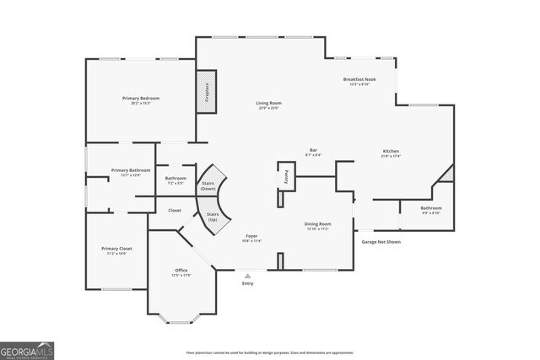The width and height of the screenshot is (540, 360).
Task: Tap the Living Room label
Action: (267, 105)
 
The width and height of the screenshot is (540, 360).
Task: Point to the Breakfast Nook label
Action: (359, 81)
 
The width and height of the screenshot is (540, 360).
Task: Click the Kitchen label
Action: (390, 153)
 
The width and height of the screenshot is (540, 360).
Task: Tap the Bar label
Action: (313, 153)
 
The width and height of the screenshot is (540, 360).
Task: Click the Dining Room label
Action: (317, 226)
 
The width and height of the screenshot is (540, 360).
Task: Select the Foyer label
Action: (251, 238)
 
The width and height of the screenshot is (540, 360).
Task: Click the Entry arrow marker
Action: (247, 275)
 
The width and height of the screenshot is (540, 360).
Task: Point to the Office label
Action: (181, 272)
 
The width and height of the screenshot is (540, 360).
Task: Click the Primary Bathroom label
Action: (131, 172)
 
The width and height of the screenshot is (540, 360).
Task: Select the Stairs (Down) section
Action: (208, 185)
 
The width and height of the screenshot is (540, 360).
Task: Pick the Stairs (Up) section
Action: (213, 217)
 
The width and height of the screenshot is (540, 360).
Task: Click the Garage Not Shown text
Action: (381, 242)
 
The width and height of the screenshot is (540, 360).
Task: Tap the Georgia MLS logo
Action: (27, 349)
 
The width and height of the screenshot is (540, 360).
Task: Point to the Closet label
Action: (175, 210)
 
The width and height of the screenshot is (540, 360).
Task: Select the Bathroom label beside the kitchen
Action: (431, 210)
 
